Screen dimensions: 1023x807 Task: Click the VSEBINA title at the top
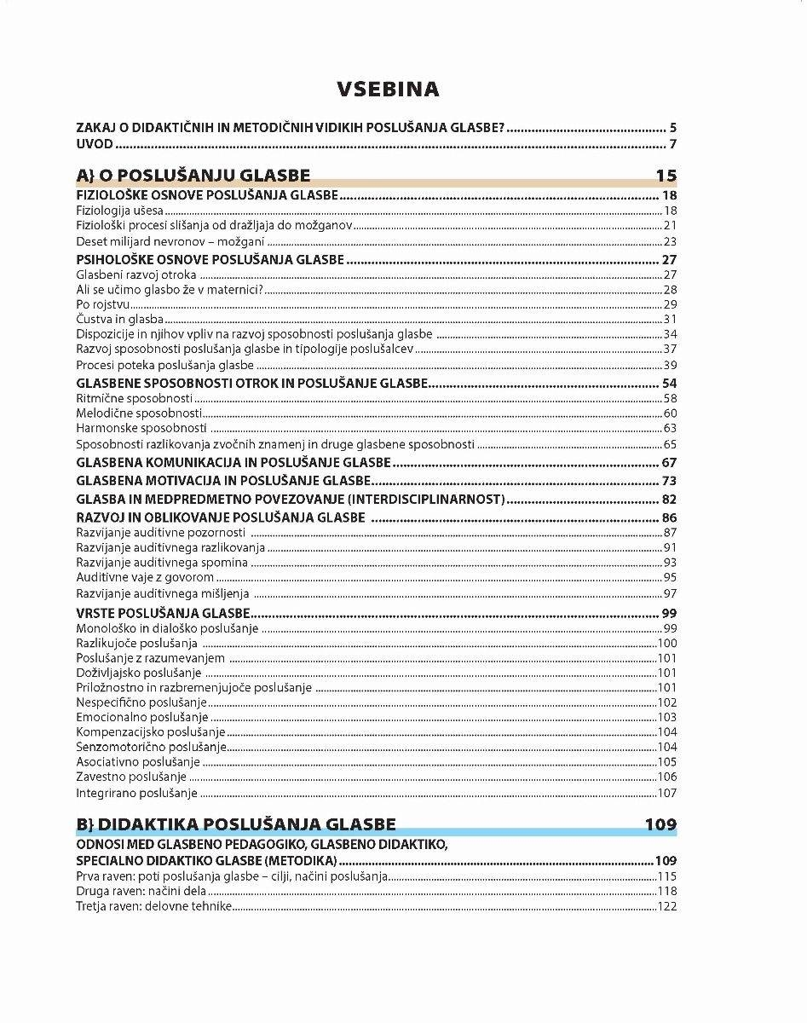[388, 90]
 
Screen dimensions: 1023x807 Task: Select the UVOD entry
[95, 143]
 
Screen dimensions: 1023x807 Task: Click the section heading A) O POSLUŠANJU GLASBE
[193, 176]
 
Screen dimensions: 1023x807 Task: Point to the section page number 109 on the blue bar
[660, 824]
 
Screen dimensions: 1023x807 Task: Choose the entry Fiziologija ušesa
[119, 211]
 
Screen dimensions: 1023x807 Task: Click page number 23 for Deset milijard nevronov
[670, 242]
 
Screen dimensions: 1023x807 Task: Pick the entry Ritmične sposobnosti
[134, 398]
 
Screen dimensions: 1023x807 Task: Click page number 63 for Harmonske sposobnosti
[670, 428]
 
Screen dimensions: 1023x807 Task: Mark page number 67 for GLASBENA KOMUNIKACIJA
[669, 463]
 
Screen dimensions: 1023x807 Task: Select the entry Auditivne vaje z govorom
[145, 578]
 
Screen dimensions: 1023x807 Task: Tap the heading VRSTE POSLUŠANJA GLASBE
[163, 613]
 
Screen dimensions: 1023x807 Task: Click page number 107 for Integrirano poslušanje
[667, 794]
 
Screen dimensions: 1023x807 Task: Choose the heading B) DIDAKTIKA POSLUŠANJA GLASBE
[236, 824]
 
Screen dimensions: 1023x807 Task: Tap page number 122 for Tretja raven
[667, 906]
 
